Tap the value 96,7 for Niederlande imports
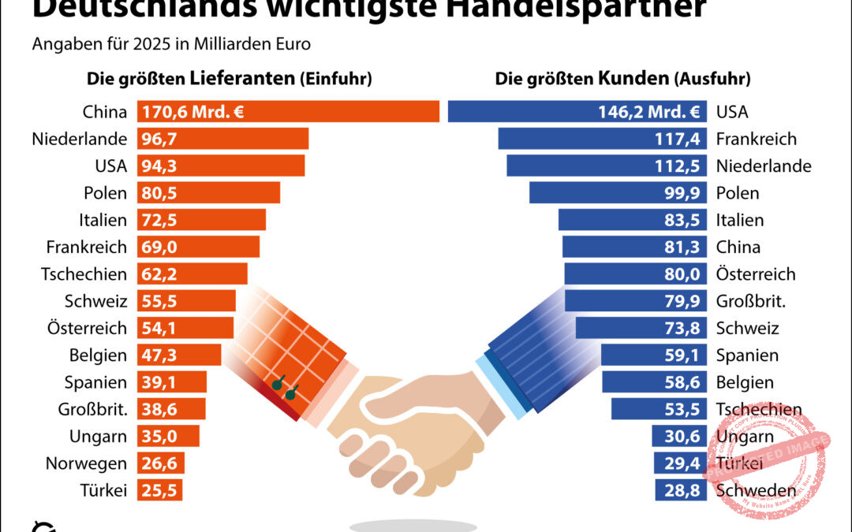click(x=156, y=139)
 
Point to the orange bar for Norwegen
click(x=161, y=463)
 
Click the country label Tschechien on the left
click(x=84, y=274)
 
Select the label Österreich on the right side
click(x=756, y=274)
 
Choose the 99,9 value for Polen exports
click(x=683, y=193)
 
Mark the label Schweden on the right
click(x=756, y=490)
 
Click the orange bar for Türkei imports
click(x=160, y=490)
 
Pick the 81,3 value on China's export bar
click(x=683, y=247)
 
